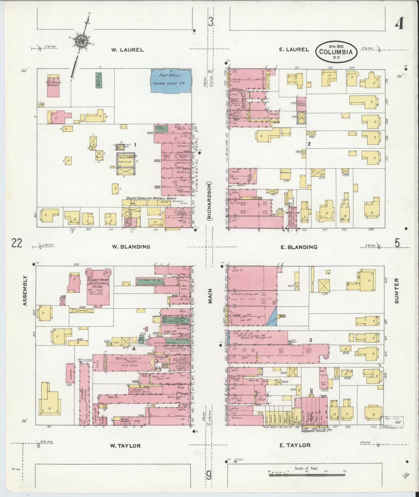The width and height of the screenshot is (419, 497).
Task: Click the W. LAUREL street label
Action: pyautogui.click(x=128, y=50)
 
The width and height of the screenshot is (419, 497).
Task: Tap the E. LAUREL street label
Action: pyautogui.click(x=294, y=50)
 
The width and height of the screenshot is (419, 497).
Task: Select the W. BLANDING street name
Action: pyautogui.click(x=131, y=247)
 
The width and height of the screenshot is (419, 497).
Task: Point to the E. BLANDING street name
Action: pyautogui.click(x=299, y=247)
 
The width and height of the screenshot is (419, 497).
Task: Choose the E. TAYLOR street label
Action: pyautogui.click(x=295, y=445)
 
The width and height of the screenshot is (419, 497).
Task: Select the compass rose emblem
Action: pyautogui.click(x=80, y=41)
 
